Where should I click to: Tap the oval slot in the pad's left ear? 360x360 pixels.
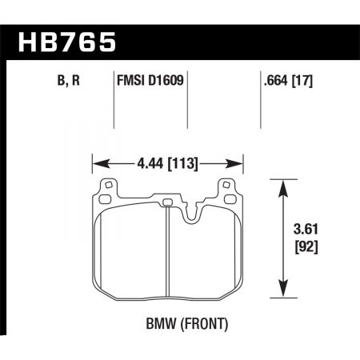click(104, 190)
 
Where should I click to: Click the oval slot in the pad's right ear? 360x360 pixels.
click(233, 190)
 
